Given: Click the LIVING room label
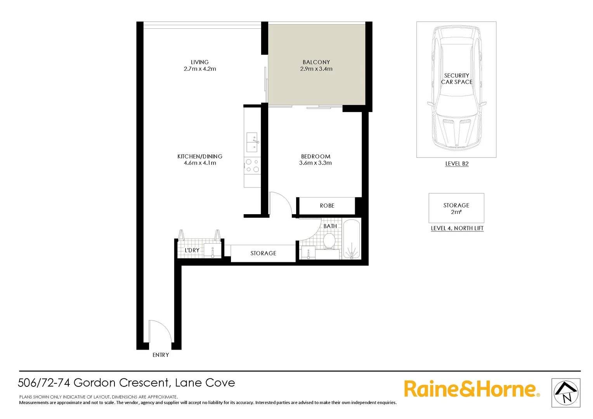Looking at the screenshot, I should pos(199,62).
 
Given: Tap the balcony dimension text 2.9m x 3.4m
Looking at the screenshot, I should pos(316,69).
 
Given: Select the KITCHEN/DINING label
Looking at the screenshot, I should pos(199,156).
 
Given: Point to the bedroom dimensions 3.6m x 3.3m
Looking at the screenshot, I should pos(315,163).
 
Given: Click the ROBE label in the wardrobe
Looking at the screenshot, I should pos(327,206).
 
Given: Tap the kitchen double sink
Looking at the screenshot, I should pos(252,142).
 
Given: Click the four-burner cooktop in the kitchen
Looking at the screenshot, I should pos(252,166).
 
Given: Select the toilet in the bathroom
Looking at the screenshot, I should pos(329,241).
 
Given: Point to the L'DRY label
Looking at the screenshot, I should pos(192,250).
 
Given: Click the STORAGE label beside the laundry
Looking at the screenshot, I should pos(263,253).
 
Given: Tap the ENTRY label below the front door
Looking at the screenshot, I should pos(161,355).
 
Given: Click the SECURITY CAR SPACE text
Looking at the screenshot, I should pos(456,79).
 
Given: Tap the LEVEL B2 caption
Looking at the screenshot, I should pos(457,164).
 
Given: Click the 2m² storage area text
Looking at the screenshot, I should pos(456,212).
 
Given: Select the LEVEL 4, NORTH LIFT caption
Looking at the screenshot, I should pos(457,229).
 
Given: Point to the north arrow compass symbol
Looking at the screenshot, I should pos(566,393).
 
